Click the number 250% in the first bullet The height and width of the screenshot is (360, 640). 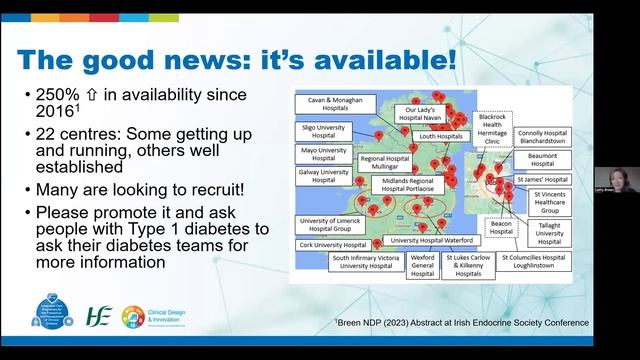(51, 94)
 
